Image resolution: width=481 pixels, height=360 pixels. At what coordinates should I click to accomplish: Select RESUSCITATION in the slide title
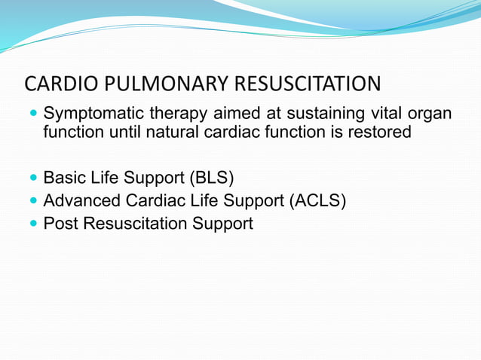click(x=309, y=84)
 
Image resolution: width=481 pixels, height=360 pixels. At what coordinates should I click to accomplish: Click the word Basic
click(x=63, y=178)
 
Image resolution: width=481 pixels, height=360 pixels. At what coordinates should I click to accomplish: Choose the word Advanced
click(x=78, y=201)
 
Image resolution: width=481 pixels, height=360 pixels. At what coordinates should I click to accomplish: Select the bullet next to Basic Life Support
click(x=31, y=179)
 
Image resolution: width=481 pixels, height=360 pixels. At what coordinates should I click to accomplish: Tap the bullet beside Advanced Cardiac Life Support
click(x=31, y=202)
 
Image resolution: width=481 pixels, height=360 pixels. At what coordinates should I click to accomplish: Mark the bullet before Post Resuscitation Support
click(x=31, y=224)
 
